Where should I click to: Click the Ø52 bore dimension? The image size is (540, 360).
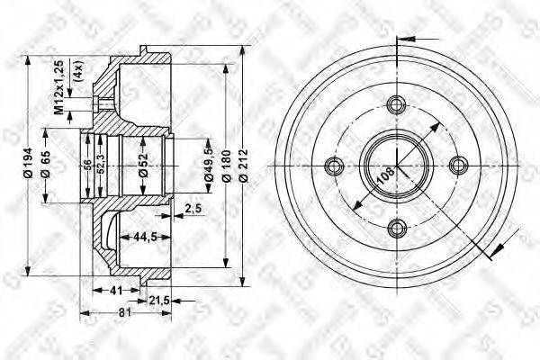142,165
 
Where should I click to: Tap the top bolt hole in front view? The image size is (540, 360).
397,101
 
